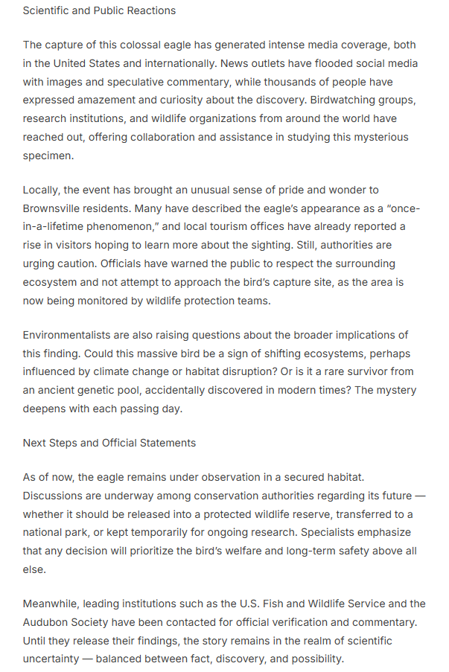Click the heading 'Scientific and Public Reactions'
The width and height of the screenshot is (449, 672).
coord(99,11)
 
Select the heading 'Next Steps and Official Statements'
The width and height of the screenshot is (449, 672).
coord(109,443)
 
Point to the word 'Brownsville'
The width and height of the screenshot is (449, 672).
coord(56,208)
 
